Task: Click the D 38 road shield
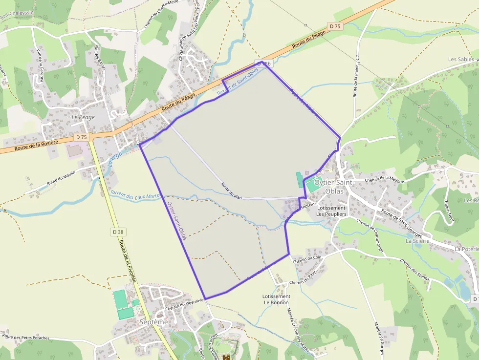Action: [x=117, y=232]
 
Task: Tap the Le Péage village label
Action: [x=83, y=117]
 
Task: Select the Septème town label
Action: [x=153, y=322]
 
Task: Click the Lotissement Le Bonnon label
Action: [x=276, y=299]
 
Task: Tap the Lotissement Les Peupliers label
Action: [x=331, y=211]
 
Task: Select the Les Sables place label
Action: [x=460, y=60]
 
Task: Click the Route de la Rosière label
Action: [x=36, y=145]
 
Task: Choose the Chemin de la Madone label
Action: [x=384, y=180]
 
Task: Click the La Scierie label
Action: [x=417, y=241]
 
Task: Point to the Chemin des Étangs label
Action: [x=414, y=270]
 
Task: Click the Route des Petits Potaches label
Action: [x=26, y=337]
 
